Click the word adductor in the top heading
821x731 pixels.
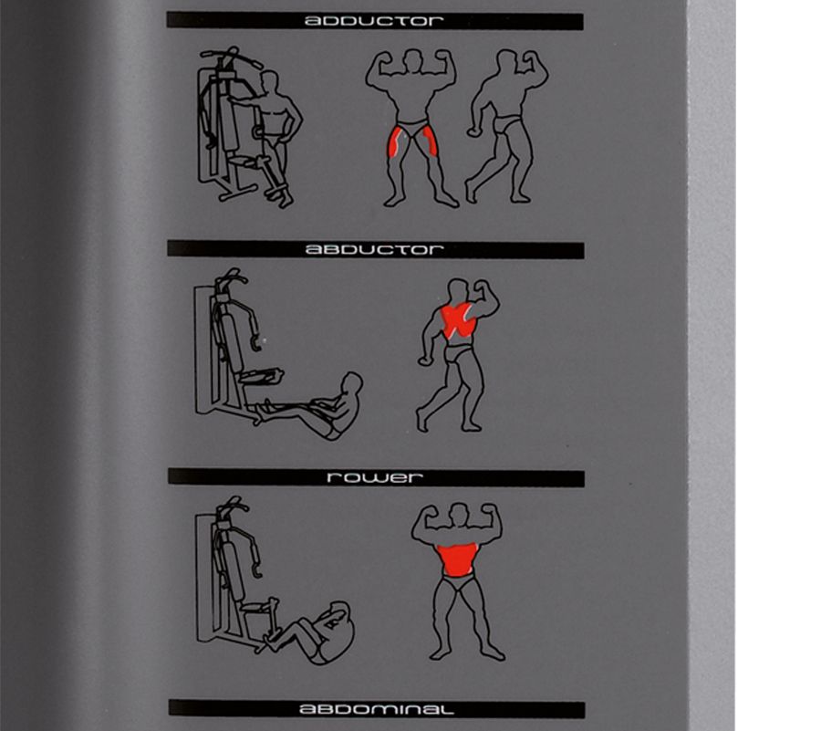[x=374, y=21]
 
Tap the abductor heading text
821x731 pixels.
[x=374, y=249]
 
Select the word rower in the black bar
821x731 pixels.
[x=375, y=477]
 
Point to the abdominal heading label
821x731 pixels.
[x=376, y=709]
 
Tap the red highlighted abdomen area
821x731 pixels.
[x=457, y=559]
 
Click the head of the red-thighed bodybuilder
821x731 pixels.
[x=413, y=58]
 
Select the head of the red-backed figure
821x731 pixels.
[x=459, y=289]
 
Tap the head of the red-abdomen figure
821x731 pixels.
[x=459, y=513]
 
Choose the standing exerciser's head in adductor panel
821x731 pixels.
[x=270, y=82]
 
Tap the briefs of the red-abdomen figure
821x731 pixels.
[x=459, y=582]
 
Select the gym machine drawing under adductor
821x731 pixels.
[x=232, y=125]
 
